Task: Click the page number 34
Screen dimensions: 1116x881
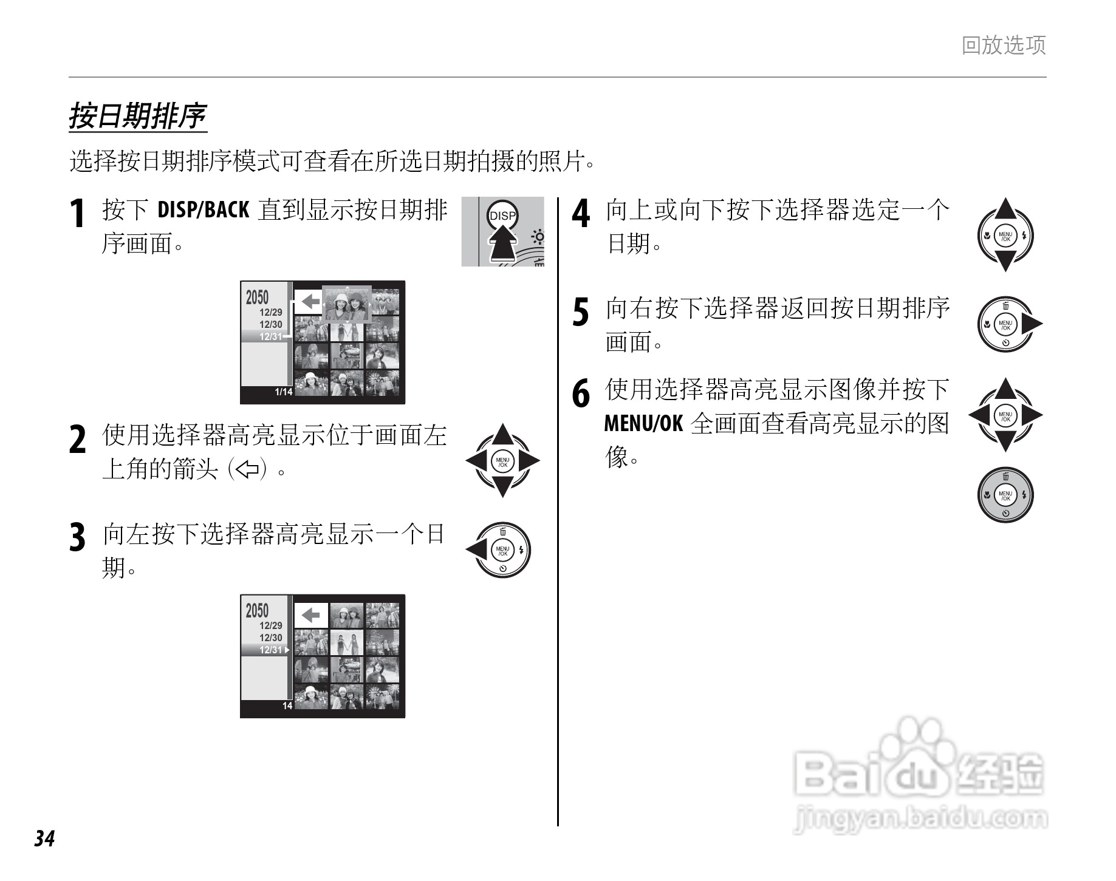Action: [44, 838]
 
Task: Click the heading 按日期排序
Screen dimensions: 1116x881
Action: [137, 116]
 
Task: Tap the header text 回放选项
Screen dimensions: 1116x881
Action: [1003, 46]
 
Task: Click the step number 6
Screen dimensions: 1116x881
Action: [581, 393]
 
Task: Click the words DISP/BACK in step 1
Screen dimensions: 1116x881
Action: [203, 210]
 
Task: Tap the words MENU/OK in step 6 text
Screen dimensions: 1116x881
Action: [643, 423]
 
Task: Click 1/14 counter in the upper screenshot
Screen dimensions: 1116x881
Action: [283, 392]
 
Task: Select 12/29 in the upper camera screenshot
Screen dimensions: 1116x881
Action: [271, 312]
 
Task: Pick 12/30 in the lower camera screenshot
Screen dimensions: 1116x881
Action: [271, 638]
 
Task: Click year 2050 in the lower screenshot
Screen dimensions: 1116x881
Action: [257, 610]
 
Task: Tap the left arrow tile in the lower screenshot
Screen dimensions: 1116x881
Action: [311, 616]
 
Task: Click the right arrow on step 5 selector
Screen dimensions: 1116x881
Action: [1031, 325]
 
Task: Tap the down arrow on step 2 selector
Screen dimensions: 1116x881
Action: [502, 486]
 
